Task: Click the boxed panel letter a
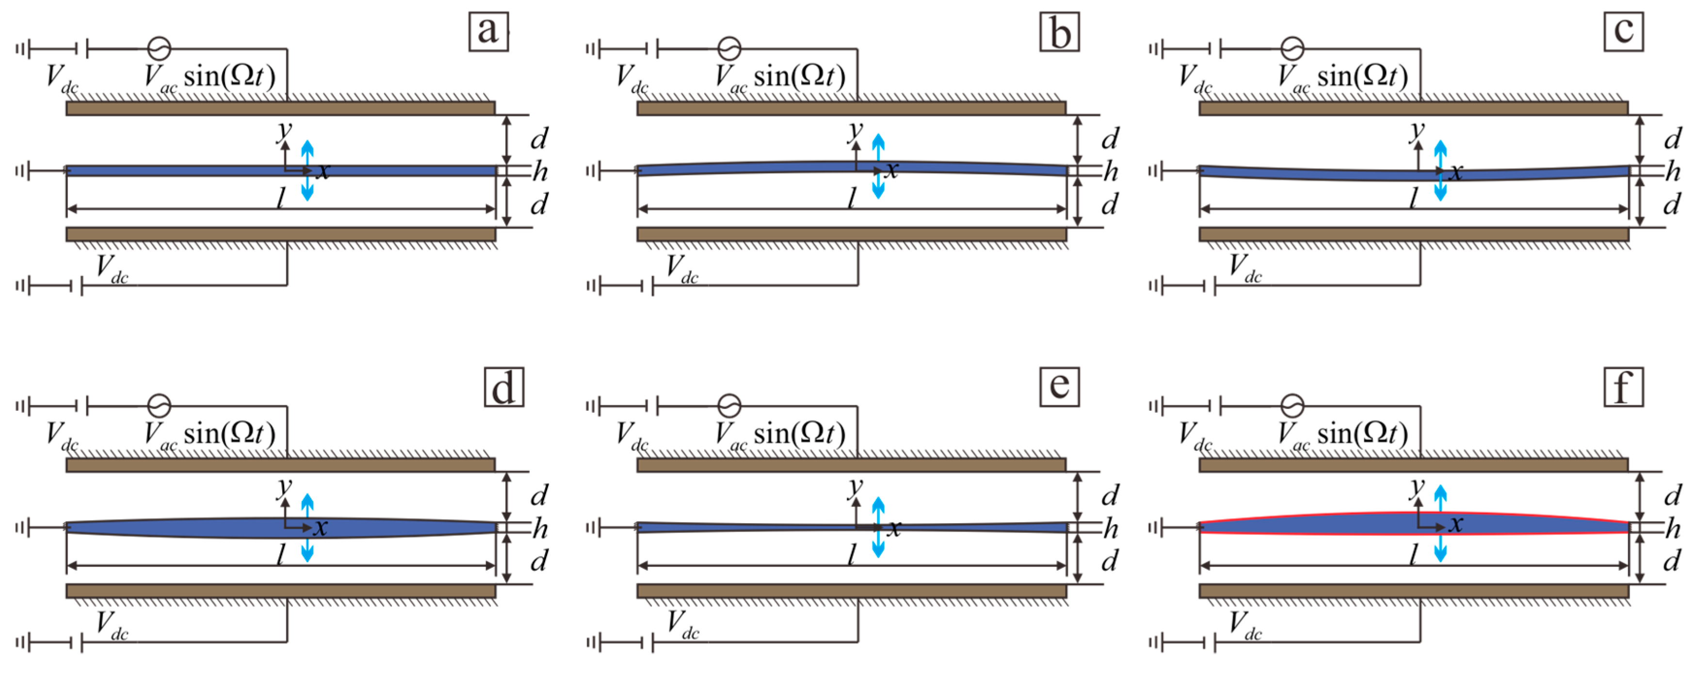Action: (488, 31)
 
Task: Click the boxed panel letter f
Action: (1623, 388)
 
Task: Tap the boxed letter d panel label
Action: (503, 388)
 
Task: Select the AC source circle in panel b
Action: (729, 48)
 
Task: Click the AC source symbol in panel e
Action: (729, 405)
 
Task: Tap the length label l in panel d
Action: (281, 555)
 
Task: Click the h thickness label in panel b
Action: (1111, 172)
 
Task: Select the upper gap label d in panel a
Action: (539, 139)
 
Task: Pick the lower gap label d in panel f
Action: (1672, 561)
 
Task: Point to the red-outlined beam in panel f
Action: (1318, 524)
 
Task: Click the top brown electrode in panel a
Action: (280, 108)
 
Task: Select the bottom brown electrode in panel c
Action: (1413, 234)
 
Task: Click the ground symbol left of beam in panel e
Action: (593, 527)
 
